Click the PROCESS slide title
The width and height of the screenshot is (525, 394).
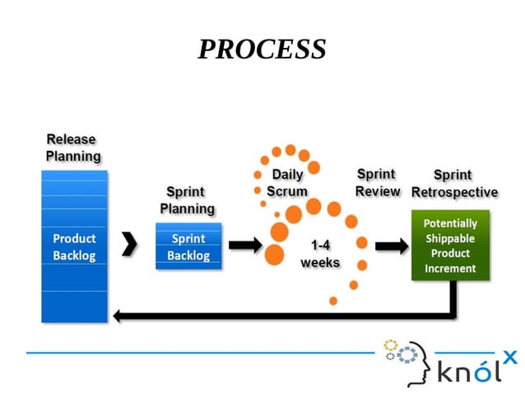coord(262,49)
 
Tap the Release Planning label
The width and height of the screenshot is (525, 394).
coord(72,148)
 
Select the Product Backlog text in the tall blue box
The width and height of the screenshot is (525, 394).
coord(74,247)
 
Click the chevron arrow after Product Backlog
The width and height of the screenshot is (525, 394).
coord(129,245)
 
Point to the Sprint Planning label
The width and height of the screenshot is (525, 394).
coord(187,200)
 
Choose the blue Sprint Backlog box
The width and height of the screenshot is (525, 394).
coord(188,246)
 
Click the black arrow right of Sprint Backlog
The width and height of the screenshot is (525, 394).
coord(244,245)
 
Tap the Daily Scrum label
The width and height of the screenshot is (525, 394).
coord(287,183)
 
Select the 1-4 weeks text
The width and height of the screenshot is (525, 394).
coord(320,254)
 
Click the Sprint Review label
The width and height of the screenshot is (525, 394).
coord(377,183)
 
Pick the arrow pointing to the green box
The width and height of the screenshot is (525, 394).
coord(392,246)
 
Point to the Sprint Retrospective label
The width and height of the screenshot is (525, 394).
coord(454,184)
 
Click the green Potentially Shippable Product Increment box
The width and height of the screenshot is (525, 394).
coord(450,246)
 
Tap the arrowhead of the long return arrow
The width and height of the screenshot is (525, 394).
coord(119,316)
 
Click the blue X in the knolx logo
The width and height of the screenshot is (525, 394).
coord(510,356)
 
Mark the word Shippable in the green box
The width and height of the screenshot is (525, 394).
coord(450,238)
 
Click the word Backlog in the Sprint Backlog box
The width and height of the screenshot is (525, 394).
coord(188,255)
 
